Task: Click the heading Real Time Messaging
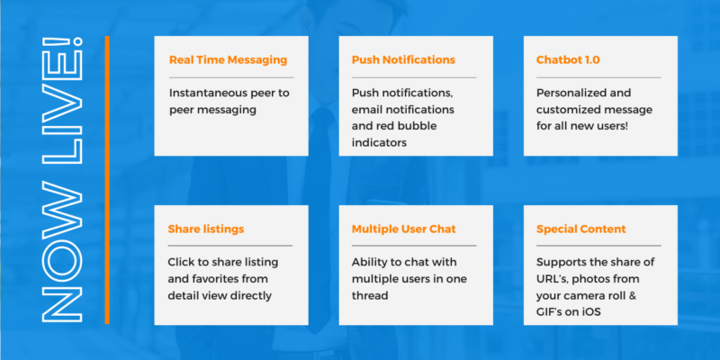click(228, 60)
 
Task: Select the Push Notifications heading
click(403, 60)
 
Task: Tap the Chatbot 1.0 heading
click(568, 60)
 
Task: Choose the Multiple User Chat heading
click(403, 229)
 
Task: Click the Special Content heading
click(582, 229)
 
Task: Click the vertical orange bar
click(107, 179)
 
